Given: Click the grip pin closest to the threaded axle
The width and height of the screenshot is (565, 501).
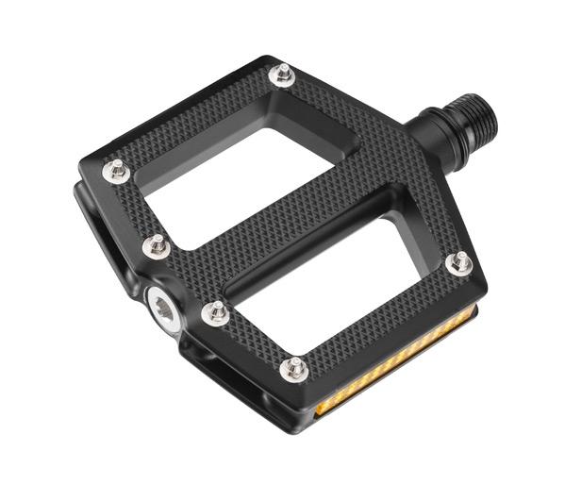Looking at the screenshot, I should [281, 74].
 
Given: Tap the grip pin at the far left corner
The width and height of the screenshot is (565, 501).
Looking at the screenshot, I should [116, 170].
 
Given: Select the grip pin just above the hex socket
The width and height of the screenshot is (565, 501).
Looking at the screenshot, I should [157, 247].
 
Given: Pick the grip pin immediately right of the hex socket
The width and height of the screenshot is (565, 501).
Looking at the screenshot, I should [216, 312].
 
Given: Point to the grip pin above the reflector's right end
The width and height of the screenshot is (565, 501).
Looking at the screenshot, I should [459, 263].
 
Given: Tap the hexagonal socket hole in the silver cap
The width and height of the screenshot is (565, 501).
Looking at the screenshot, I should [164, 303].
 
